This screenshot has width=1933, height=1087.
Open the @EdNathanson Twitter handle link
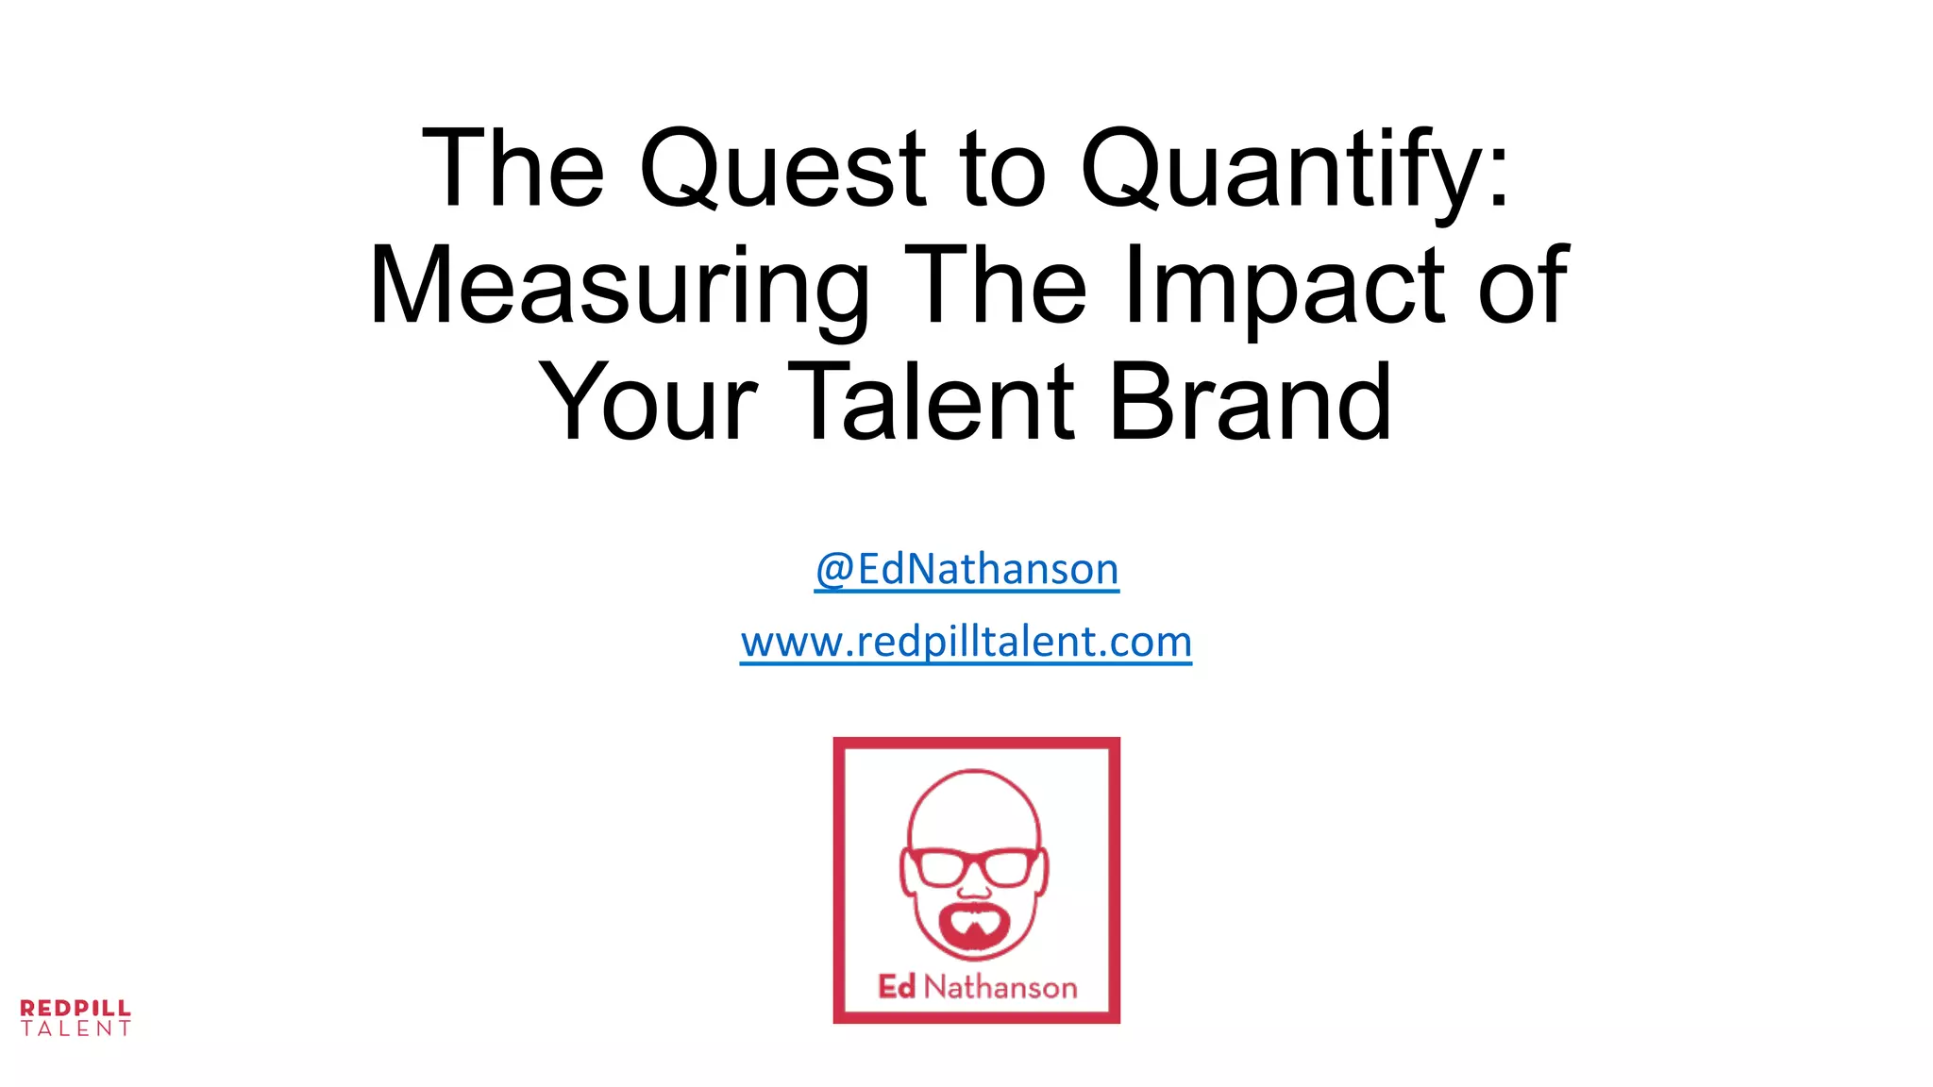click(966, 569)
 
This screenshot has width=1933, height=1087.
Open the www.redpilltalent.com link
click(966, 642)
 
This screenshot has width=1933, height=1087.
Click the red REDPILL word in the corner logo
click(76, 1008)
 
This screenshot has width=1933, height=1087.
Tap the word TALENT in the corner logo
click(76, 1028)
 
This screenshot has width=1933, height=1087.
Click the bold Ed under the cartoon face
click(897, 986)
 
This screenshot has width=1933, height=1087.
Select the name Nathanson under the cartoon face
click(1000, 987)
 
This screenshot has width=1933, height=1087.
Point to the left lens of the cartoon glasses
click(940, 867)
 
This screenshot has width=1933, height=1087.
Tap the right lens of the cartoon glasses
click(1008, 867)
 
